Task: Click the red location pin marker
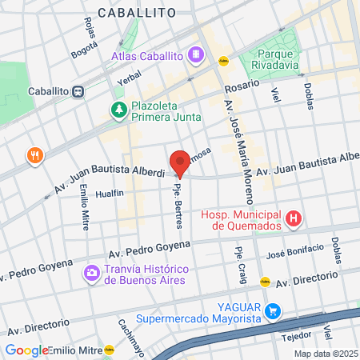point(180,163)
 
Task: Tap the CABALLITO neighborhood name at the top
point(137,12)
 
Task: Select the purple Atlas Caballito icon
point(195,54)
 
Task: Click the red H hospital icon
point(294,218)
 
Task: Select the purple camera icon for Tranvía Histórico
point(92,274)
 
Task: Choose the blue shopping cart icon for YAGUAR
point(274,310)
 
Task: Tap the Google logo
point(26,350)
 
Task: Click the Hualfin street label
point(109,194)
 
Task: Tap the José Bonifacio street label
point(298,254)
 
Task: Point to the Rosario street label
point(241,85)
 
